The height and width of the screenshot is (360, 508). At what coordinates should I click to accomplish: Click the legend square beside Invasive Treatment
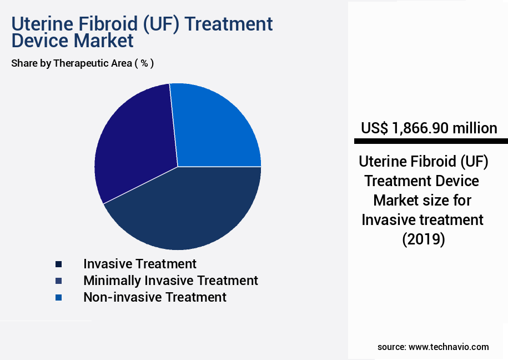click(59, 264)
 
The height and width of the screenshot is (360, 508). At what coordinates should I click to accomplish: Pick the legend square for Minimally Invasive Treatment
click(59, 281)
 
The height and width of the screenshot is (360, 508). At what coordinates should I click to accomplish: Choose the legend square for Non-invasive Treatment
click(59, 297)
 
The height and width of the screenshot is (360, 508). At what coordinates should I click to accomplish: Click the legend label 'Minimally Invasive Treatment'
click(170, 281)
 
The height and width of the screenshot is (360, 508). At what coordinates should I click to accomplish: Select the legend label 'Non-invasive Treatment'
click(154, 297)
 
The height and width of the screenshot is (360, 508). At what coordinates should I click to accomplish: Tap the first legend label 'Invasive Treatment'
click(139, 264)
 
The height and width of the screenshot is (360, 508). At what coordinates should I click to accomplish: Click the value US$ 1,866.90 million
click(429, 128)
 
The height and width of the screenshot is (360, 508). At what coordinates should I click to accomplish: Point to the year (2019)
click(423, 239)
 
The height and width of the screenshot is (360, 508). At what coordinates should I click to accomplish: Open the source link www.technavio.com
click(449, 347)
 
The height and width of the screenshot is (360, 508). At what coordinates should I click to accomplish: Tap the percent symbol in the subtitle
click(144, 63)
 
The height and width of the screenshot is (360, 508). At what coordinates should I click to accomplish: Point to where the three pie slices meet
click(178, 167)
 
